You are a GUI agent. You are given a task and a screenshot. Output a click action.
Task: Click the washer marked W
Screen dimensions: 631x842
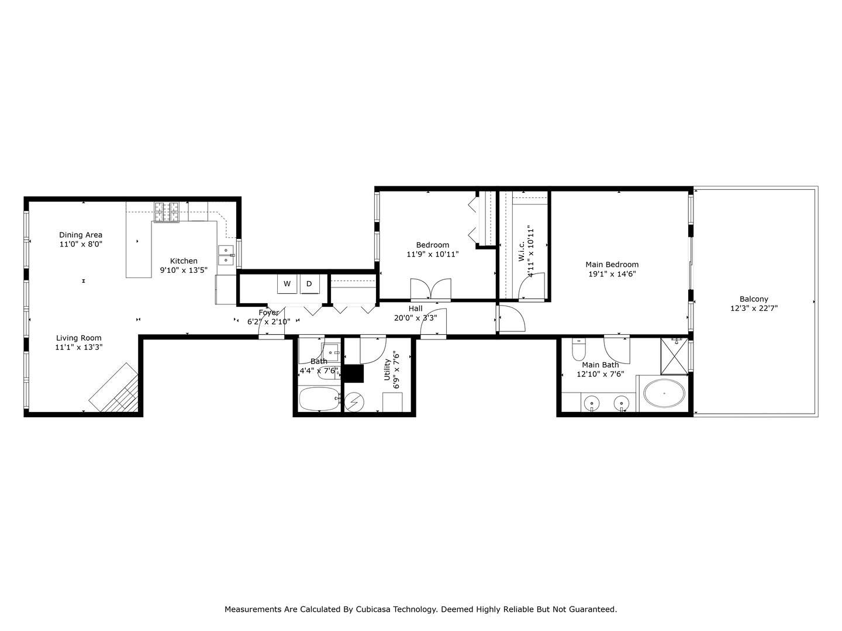pos(287,284)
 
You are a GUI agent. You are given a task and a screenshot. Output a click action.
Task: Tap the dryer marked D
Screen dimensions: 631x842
pos(309,284)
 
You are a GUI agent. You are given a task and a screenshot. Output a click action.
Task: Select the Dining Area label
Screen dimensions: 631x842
pos(81,235)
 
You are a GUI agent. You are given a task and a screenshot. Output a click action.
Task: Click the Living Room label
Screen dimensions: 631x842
pos(79,338)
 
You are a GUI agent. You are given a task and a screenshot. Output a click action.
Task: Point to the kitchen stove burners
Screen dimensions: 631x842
pos(167,212)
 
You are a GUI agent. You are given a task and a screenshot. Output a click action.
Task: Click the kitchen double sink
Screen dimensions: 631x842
pos(226,255)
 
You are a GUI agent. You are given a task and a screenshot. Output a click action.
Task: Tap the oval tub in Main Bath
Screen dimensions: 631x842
pos(664,394)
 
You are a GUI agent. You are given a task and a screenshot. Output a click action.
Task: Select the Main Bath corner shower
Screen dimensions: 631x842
pos(675,356)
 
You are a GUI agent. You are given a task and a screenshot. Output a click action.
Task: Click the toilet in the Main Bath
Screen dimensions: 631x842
pos(579,350)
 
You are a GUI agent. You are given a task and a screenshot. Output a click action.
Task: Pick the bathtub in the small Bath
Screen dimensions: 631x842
pos(319,400)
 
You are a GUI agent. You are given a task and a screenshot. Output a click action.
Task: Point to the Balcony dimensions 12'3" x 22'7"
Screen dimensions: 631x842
pos(754,308)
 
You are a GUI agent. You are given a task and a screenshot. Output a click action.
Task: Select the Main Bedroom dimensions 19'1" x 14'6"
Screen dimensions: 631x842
pos(612,273)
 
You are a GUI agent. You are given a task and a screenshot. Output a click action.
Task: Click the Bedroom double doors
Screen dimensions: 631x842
pos(431,289)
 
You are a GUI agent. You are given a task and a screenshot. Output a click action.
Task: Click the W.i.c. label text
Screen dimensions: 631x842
pos(521,251)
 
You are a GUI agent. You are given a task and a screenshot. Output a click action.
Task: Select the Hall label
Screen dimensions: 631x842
pos(415,308)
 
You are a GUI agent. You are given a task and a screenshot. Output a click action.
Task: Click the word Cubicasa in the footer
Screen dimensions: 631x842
pos(372,609)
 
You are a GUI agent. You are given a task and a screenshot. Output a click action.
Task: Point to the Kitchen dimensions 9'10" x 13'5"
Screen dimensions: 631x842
pos(184,270)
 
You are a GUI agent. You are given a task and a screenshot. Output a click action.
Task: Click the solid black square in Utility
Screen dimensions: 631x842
pos(353,373)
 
